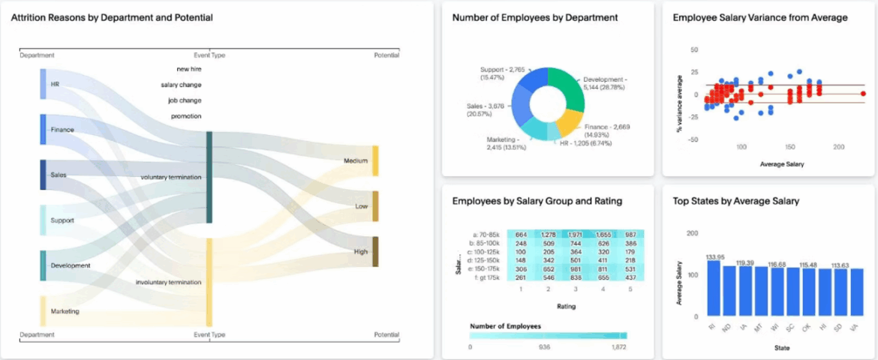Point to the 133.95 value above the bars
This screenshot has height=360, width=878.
tap(715, 256)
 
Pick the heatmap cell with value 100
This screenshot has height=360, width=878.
tap(521, 252)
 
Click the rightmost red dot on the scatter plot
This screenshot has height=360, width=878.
tap(862, 94)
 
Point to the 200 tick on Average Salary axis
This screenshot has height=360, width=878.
tap(838, 147)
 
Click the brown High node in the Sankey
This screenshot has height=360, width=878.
tap(376, 251)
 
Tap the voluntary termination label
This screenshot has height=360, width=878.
tap(170, 177)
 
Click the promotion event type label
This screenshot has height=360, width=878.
tap(185, 116)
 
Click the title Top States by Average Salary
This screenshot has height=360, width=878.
tap(735, 201)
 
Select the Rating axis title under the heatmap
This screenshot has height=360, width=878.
tap(567, 306)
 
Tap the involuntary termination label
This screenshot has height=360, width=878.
tap(168, 282)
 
